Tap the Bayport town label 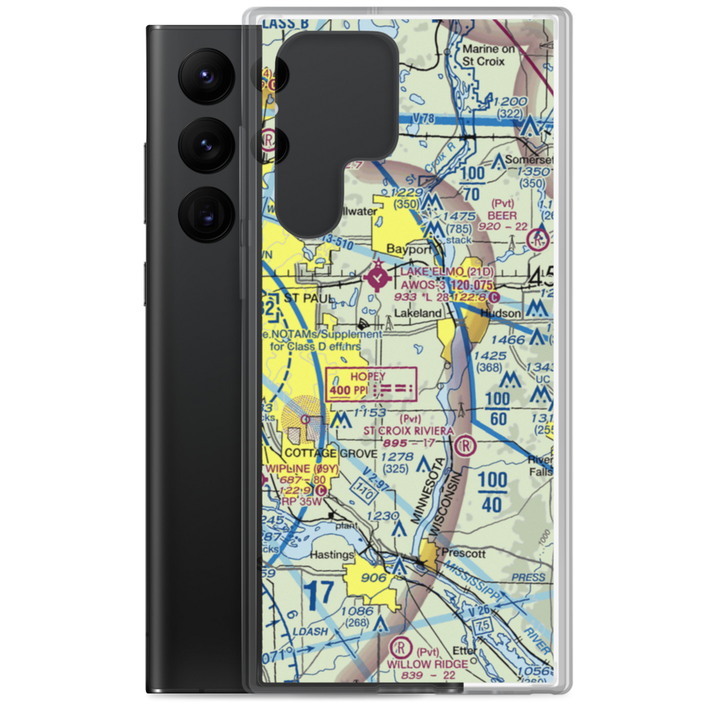[x=409, y=250]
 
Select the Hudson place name [x=500, y=312]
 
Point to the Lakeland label [x=418, y=313]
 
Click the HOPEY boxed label [x=368, y=377]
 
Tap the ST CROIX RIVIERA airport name [x=408, y=430]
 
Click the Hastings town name [x=332, y=555]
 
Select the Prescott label [x=463, y=553]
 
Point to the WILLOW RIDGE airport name [x=428, y=664]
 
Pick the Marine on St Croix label [x=493, y=55]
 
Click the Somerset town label [x=529, y=160]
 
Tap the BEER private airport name [x=502, y=214]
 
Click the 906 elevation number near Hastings [x=374, y=578]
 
